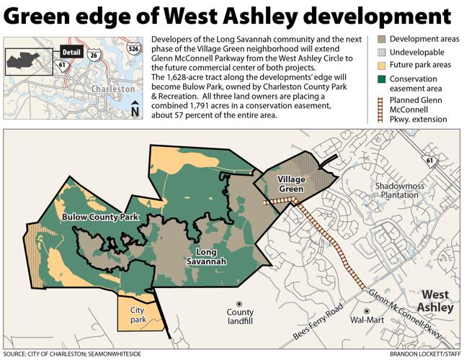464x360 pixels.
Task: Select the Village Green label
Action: [282, 185]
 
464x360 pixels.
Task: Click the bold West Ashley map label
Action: [436, 301]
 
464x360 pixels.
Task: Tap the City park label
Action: [137, 315]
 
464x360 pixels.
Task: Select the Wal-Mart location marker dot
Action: [366, 311]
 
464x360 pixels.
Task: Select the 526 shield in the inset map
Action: [131, 49]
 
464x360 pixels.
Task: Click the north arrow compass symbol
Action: [135, 109]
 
